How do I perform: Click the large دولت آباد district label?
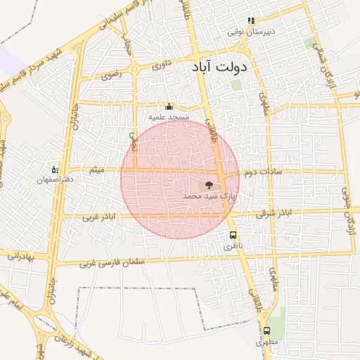[x=219, y=68]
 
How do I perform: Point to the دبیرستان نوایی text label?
[x=252, y=32]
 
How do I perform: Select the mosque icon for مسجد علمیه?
[x=168, y=107]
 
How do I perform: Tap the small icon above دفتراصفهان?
[x=54, y=169]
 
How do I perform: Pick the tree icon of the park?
[x=208, y=185]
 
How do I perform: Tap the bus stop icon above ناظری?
[x=232, y=236]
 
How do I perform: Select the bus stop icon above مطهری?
[x=266, y=330]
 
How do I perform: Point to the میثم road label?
[x=98, y=169]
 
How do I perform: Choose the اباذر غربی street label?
[x=98, y=217]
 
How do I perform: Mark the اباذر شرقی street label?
[x=273, y=212]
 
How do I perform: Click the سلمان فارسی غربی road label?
[x=105, y=264]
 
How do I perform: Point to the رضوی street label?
[x=112, y=73]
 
